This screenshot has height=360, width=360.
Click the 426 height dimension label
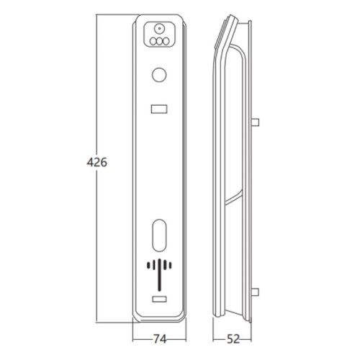[x=96, y=163]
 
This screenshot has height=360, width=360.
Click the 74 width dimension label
[x=160, y=339]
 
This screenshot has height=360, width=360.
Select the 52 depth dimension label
[x=233, y=339]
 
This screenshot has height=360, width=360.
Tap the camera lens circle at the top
[x=159, y=29]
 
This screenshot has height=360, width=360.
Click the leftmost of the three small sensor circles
[x=153, y=41]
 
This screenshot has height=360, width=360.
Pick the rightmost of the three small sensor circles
[x=166, y=41]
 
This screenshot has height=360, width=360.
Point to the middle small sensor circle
[x=159, y=41]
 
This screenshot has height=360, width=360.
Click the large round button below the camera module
[x=159, y=75]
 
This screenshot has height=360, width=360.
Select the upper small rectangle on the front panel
[x=159, y=109]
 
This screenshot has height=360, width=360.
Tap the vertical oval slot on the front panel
[x=159, y=235]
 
